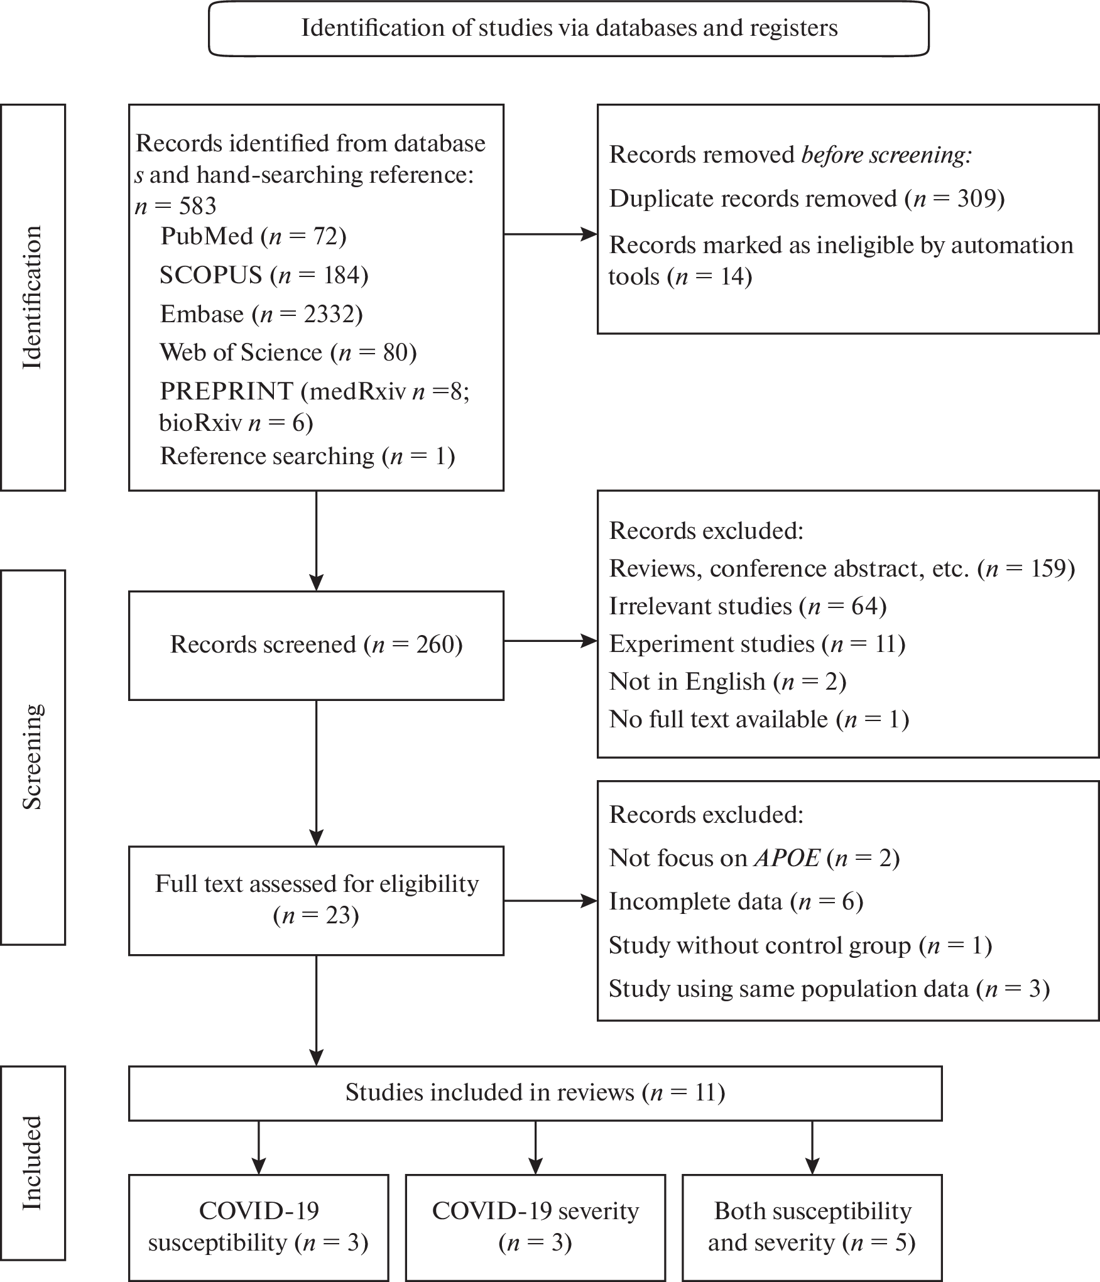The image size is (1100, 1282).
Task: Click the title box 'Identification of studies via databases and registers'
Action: click(x=569, y=29)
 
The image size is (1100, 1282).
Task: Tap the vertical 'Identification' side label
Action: click(x=33, y=297)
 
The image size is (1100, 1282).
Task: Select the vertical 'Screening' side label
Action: click(x=33, y=757)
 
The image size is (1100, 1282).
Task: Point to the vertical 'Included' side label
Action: click(x=33, y=1163)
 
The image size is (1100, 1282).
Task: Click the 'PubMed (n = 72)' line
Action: click(x=253, y=236)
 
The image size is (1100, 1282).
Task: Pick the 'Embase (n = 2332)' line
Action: click(x=261, y=314)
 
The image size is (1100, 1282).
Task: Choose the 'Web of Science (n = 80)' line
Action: click(x=288, y=352)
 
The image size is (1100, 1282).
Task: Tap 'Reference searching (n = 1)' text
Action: click(x=307, y=456)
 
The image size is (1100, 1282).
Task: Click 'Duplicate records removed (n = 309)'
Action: click(x=807, y=199)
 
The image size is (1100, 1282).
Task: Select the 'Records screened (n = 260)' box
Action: click(x=316, y=645)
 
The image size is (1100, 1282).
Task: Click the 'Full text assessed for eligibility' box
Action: click(x=316, y=900)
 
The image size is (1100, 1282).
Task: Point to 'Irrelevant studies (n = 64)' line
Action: click(x=748, y=606)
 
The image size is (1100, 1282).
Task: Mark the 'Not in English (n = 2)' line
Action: click(x=727, y=682)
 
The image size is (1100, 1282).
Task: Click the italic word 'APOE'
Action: click(x=787, y=858)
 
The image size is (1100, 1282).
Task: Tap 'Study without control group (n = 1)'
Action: click(x=800, y=945)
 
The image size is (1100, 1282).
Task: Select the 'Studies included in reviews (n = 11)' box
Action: click(x=535, y=1093)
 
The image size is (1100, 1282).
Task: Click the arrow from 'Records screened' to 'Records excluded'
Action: click(x=550, y=641)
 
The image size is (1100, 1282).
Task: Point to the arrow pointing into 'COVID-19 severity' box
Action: click(x=535, y=1148)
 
